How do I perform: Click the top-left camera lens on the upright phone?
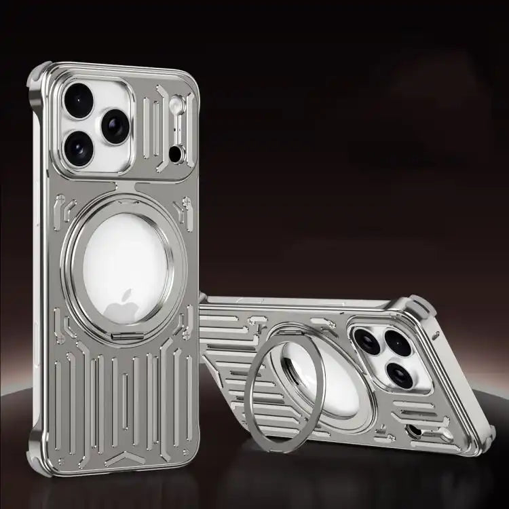click(x=79, y=100)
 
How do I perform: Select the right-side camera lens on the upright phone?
click(x=114, y=126)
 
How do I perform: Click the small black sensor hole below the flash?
click(x=176, y=155)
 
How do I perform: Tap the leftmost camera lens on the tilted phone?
click(x=369, y=342)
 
